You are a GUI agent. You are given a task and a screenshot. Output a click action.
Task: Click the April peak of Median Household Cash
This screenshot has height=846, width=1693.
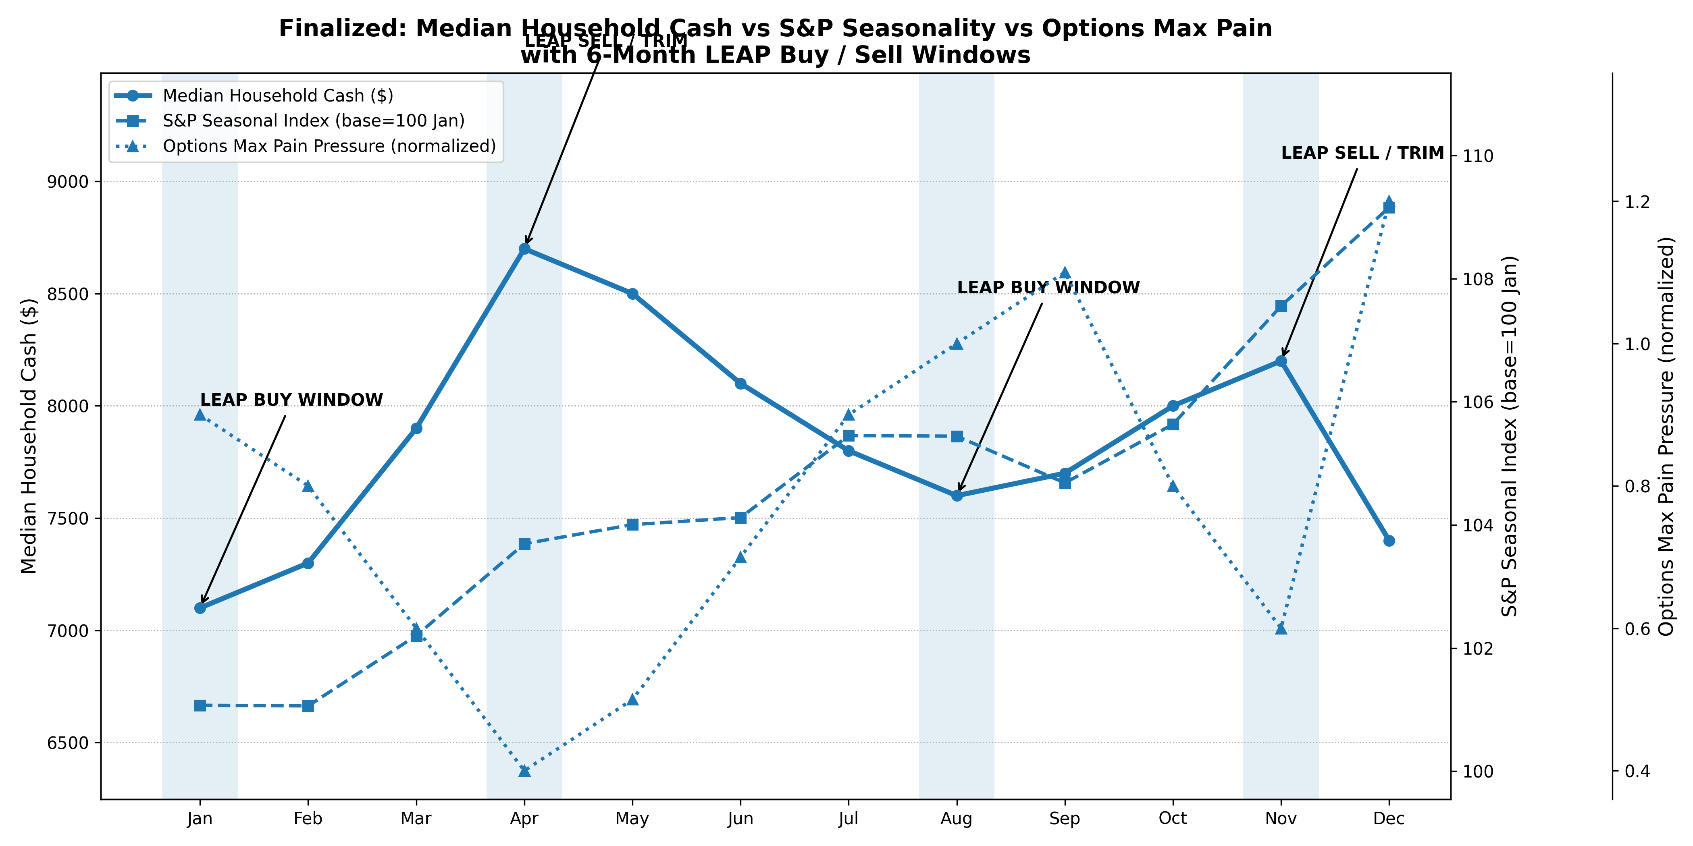(x=524, y=249)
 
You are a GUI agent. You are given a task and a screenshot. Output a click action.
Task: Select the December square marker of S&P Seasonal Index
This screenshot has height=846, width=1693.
(x=1389, y=207)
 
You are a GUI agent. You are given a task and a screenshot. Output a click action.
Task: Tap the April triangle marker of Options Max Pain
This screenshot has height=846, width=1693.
(x=524, y=770)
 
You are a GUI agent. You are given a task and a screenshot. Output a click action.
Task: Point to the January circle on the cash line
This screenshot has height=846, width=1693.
(x=200, y=608)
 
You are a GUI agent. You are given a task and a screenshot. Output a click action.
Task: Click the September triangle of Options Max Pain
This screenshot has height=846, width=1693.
(x=1065, y=273)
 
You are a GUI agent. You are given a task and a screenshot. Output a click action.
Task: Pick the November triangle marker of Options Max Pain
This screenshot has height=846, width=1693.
(x=1281, y=628)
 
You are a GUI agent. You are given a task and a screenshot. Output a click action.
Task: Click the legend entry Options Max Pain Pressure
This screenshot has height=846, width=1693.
(x=329, y=146)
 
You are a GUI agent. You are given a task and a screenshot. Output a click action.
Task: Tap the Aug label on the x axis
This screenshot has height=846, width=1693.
(x=956, y=819)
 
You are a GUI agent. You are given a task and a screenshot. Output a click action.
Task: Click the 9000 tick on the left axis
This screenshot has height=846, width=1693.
(x=69, y=182)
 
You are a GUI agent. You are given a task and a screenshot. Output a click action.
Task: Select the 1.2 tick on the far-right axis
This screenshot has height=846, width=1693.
(x=1637, y=202)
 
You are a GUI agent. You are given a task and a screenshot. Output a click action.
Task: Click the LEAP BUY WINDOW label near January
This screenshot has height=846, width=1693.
(x=291, y=400)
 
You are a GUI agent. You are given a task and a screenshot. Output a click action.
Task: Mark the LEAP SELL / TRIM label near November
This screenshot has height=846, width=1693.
(x=1362, y=153)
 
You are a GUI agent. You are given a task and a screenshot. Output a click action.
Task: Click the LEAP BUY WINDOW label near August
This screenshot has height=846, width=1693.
(x=1048, y=288)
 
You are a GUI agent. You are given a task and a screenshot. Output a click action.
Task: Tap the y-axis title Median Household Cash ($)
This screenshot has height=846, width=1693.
(x=29, y=435)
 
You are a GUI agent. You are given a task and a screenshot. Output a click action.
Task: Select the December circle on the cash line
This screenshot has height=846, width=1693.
(x=1389, y=541)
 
